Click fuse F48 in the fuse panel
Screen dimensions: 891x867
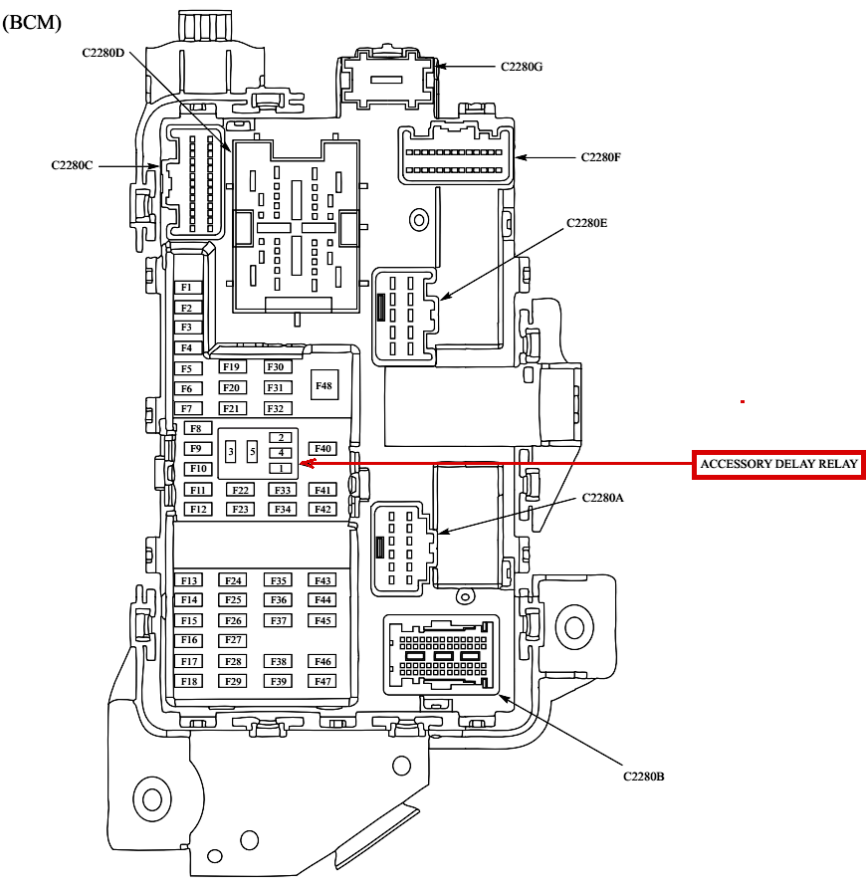(x=324, y=384)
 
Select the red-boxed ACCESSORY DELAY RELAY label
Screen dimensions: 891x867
(x=778, y=465)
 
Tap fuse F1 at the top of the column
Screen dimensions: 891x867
(x=186, y=288)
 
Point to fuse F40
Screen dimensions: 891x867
(x=323, y=449)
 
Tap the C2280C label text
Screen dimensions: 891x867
(x=73, y=165)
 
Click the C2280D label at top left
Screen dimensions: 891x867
(x=104, y=52)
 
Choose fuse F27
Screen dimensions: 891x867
(x=234, y=640)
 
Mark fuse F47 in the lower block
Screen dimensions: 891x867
(x=323, y=681)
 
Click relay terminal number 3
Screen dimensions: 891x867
(x=231, y=453)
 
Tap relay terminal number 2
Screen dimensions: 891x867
(x=282, y=437)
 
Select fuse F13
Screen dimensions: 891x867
(x=189, y=580)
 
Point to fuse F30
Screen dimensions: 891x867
(x=276, y=367)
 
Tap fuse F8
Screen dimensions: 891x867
(x=195, y=428)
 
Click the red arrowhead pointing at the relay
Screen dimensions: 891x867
(x=304, y=463)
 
